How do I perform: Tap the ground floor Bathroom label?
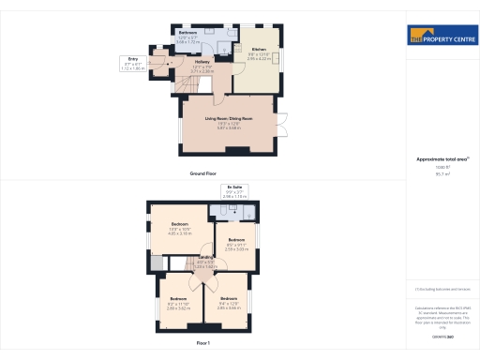(x=187, y=33)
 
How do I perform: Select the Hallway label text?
(x=202, y=62)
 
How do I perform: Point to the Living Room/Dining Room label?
(x=230, y=118)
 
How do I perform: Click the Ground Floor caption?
(x=203, y=174)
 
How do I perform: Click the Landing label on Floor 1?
(x=205, y=259)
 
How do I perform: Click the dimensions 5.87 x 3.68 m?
(x=230, y=127)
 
